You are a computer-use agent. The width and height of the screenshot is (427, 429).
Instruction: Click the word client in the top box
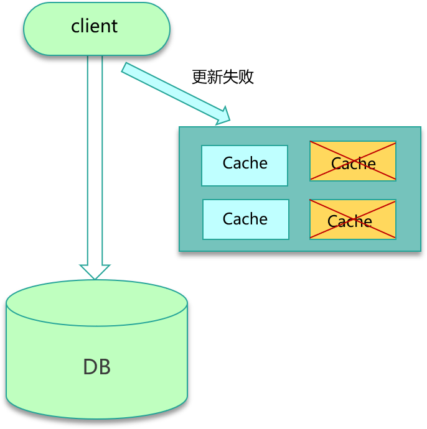95,26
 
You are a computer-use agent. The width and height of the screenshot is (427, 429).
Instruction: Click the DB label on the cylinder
97,367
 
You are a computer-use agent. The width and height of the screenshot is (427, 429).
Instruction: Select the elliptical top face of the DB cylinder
96,303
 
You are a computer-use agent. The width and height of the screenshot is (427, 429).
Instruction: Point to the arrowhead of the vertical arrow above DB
95,272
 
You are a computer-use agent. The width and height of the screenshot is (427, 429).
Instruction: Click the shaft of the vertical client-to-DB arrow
95,155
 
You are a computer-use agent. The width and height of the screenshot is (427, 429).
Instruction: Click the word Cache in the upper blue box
245,163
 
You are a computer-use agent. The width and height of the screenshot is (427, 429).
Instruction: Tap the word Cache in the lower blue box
245,219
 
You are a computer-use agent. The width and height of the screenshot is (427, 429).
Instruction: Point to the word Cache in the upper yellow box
354,164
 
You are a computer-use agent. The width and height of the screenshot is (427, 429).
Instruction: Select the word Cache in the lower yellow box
350,221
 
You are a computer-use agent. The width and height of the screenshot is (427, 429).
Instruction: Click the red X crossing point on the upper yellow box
353,161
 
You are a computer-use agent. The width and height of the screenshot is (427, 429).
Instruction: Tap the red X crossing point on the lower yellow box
353,219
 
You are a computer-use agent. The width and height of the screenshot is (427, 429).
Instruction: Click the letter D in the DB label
90,367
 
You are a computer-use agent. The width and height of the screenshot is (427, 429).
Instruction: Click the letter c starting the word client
75,27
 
